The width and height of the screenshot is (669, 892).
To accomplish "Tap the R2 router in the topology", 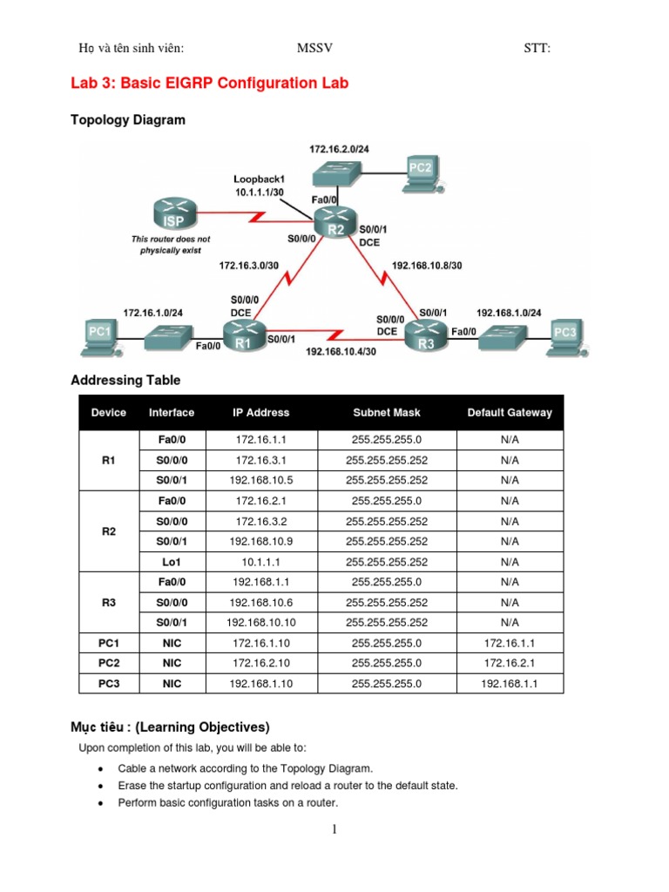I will click(x=336, y=223).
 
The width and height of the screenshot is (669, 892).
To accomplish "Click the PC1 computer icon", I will click(x=102, y=334).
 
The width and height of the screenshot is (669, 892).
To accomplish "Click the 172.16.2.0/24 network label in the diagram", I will click(x=340, y=150).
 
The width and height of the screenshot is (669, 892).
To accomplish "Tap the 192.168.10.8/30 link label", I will click(x=427, y=265).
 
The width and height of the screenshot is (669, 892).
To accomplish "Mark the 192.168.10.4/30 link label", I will click(x=341, y=353).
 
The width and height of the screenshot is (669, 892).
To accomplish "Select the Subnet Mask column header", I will click(x=386, y=413).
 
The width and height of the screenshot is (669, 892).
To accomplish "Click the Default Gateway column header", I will click(x=510, y=413).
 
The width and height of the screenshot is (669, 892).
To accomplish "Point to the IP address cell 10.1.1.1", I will click(x=260, y=562).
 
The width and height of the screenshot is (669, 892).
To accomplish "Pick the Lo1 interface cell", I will click(x=172, y=562).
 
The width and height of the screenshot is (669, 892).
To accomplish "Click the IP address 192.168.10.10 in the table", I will click(x=260, y=623).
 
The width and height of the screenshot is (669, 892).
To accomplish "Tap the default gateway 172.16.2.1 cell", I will click(x=510, y=664).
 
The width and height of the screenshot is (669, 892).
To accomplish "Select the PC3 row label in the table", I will click(x=109, y=684).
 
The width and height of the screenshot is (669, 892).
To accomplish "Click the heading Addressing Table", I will click(x=125, y=381).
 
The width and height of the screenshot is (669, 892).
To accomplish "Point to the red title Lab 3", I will click(x=209, y=84).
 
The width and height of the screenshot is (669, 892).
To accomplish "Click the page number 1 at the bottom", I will click(x=334, y=830).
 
